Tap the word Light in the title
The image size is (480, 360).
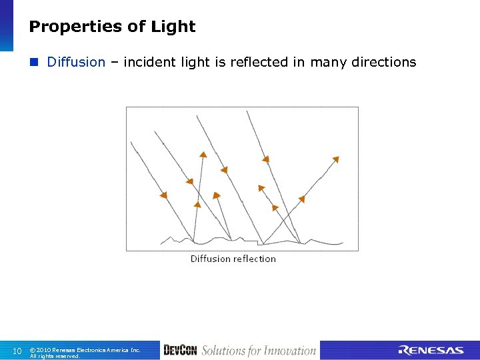click(174, 27)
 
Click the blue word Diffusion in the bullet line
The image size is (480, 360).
click(76, 62)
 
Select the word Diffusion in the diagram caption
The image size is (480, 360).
click(210, 259)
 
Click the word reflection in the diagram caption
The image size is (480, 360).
click(254, 259)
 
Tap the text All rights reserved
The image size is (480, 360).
click(55, 356)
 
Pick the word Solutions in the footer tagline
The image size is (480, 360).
click(223, 351)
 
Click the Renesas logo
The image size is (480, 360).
click(431, 351)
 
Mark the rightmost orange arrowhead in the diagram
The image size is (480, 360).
click(335, 159)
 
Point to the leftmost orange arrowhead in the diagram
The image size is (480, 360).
click(163, 195)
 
